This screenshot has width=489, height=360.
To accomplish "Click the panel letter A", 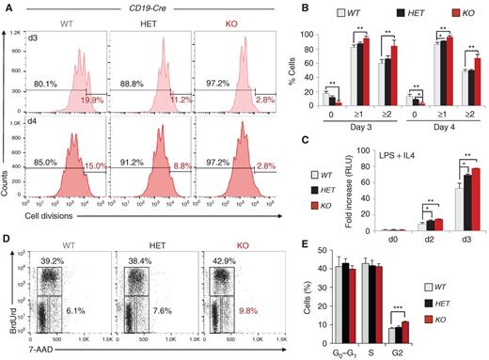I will click(x=8, y=8).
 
